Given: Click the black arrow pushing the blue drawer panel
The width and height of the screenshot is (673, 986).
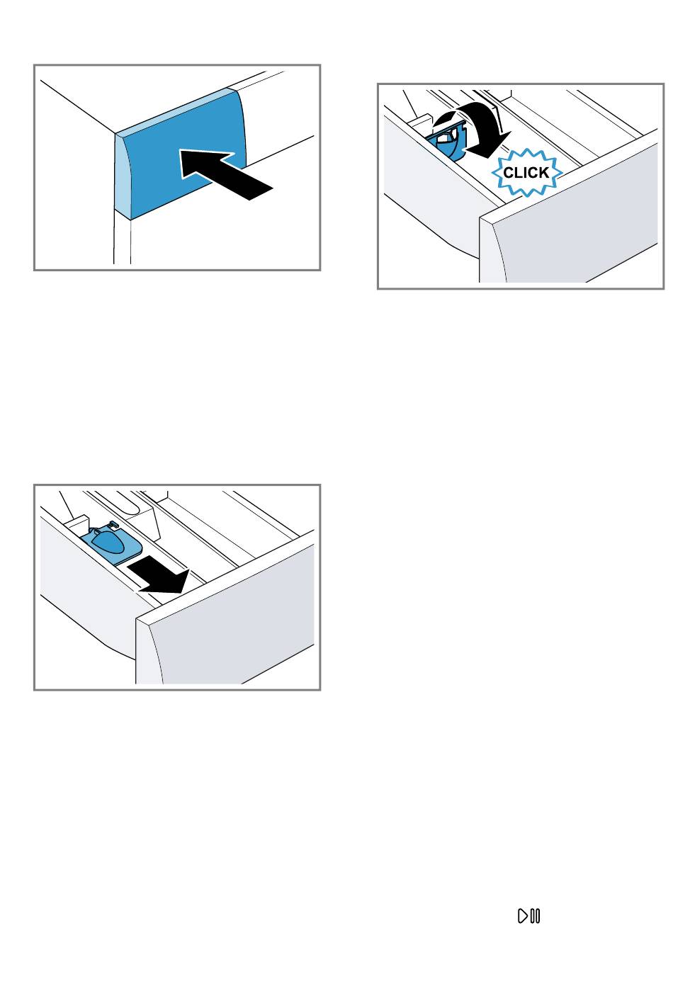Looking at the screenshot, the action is pyautogui.click(x=225, y=173).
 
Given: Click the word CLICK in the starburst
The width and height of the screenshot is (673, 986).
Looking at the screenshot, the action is pyautogui.click(x=526, y=173).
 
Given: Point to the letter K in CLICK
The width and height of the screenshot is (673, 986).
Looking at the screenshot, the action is pyautogui.click(x=544, y=173).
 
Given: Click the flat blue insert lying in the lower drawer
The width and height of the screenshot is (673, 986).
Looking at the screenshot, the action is pyautogui.click(x=112, y=543).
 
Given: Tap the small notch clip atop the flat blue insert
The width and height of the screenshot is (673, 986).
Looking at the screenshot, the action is pyautogui.click(x=113, y=523).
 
